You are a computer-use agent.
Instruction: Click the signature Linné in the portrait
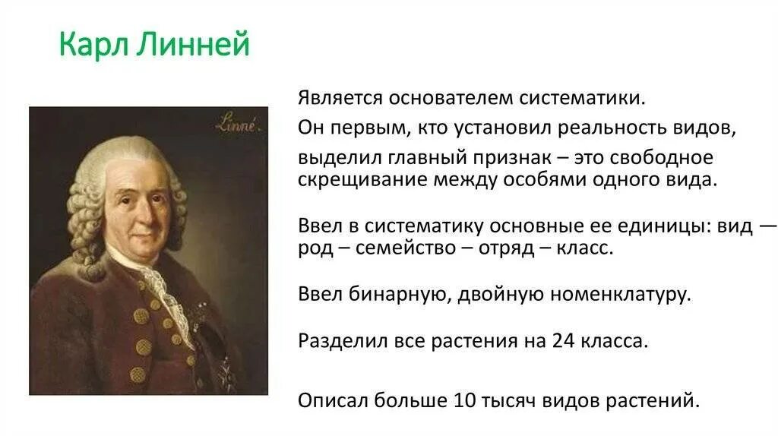pos(237,125)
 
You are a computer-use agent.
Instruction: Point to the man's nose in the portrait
pos(139,209)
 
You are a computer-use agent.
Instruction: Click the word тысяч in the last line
pos(508,400)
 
